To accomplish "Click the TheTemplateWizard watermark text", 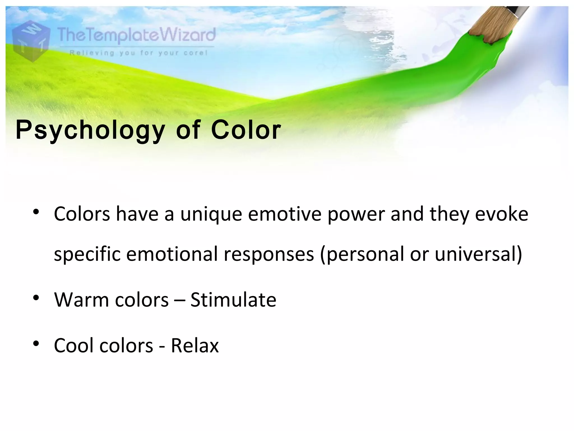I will tap(136, 36).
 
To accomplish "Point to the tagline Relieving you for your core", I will tap(138, 53).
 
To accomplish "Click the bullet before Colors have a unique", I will tap(36, 212).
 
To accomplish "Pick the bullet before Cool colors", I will tap(36, 343).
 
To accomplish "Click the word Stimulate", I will tap(233, 300).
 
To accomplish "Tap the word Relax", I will tap(195, 345).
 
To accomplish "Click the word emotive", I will tap(284, 214).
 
